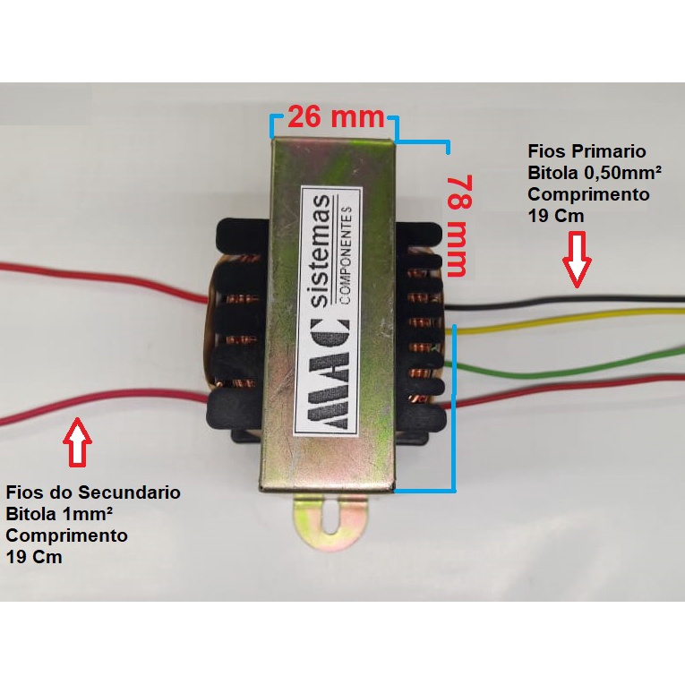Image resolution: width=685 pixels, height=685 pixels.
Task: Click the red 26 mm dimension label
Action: pos(334,117)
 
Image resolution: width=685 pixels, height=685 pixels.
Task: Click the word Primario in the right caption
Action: pos(612,151)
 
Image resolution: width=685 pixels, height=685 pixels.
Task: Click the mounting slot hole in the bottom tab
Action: pos(332,521)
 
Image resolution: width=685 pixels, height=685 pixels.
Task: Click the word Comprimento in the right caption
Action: pos(587,194)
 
